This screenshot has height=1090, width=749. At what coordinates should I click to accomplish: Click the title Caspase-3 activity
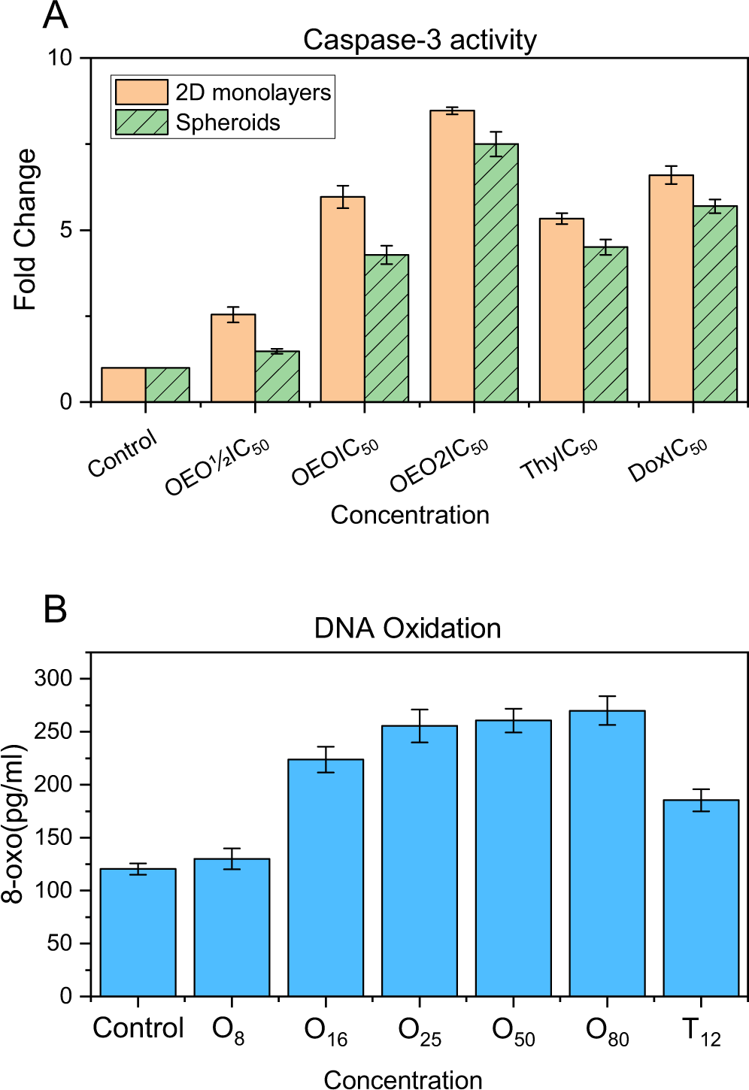420,40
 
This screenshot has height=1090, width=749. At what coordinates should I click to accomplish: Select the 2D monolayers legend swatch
141,92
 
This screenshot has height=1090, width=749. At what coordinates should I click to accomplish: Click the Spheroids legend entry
227,123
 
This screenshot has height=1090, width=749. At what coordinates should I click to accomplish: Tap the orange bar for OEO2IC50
452,256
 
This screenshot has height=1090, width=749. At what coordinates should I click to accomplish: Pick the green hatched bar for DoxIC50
715,304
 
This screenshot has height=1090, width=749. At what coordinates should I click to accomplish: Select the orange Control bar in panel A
123,385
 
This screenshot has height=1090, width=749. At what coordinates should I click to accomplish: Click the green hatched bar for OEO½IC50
277,377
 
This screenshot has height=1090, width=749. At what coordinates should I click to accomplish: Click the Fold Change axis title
25,229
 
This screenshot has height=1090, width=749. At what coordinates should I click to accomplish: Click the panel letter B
56,609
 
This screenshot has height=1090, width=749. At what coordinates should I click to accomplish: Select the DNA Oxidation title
408,628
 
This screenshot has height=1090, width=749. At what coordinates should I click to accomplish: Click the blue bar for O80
608,853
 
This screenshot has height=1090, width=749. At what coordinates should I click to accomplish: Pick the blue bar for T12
701,898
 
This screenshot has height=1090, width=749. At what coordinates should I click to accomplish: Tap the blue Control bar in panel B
138,932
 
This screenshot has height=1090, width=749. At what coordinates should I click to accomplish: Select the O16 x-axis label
326,1031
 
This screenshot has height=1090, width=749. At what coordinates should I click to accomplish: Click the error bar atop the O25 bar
420,725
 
